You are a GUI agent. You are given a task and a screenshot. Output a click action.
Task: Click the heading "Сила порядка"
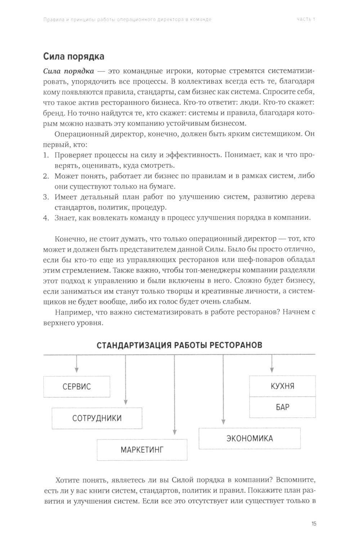pyautogui.click(x=74, y=57)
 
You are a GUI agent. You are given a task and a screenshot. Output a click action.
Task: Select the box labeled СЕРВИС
pyautogui.click(x=77, y=387)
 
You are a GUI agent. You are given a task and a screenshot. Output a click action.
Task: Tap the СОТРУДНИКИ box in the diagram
pyautogui.click(x=97, y=418)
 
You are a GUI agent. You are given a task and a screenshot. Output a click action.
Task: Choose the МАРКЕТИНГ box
pyautogui.click(x=142, y=450)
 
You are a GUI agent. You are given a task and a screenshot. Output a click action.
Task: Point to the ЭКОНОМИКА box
pyautogui.click(x=249, y=438)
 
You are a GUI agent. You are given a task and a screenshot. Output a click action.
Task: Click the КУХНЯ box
pyautogui.click(x=282, y=386)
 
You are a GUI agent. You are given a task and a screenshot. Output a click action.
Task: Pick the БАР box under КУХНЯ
pyautogui.click(x=282, y=407)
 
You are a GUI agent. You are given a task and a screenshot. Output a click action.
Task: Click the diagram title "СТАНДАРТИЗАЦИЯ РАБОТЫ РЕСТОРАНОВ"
pyautogui.click(x=179, y=345)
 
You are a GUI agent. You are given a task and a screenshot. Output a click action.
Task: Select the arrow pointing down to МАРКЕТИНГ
pyautogui.click(x=175, y=396)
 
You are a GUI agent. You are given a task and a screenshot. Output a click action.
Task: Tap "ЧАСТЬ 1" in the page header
pyautogui.click(x=306, y=19)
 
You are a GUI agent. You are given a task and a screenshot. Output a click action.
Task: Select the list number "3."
pyautogui.click(x=46, y=197)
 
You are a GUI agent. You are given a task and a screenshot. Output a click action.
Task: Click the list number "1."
pyautogui.click(x=46, y=155)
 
